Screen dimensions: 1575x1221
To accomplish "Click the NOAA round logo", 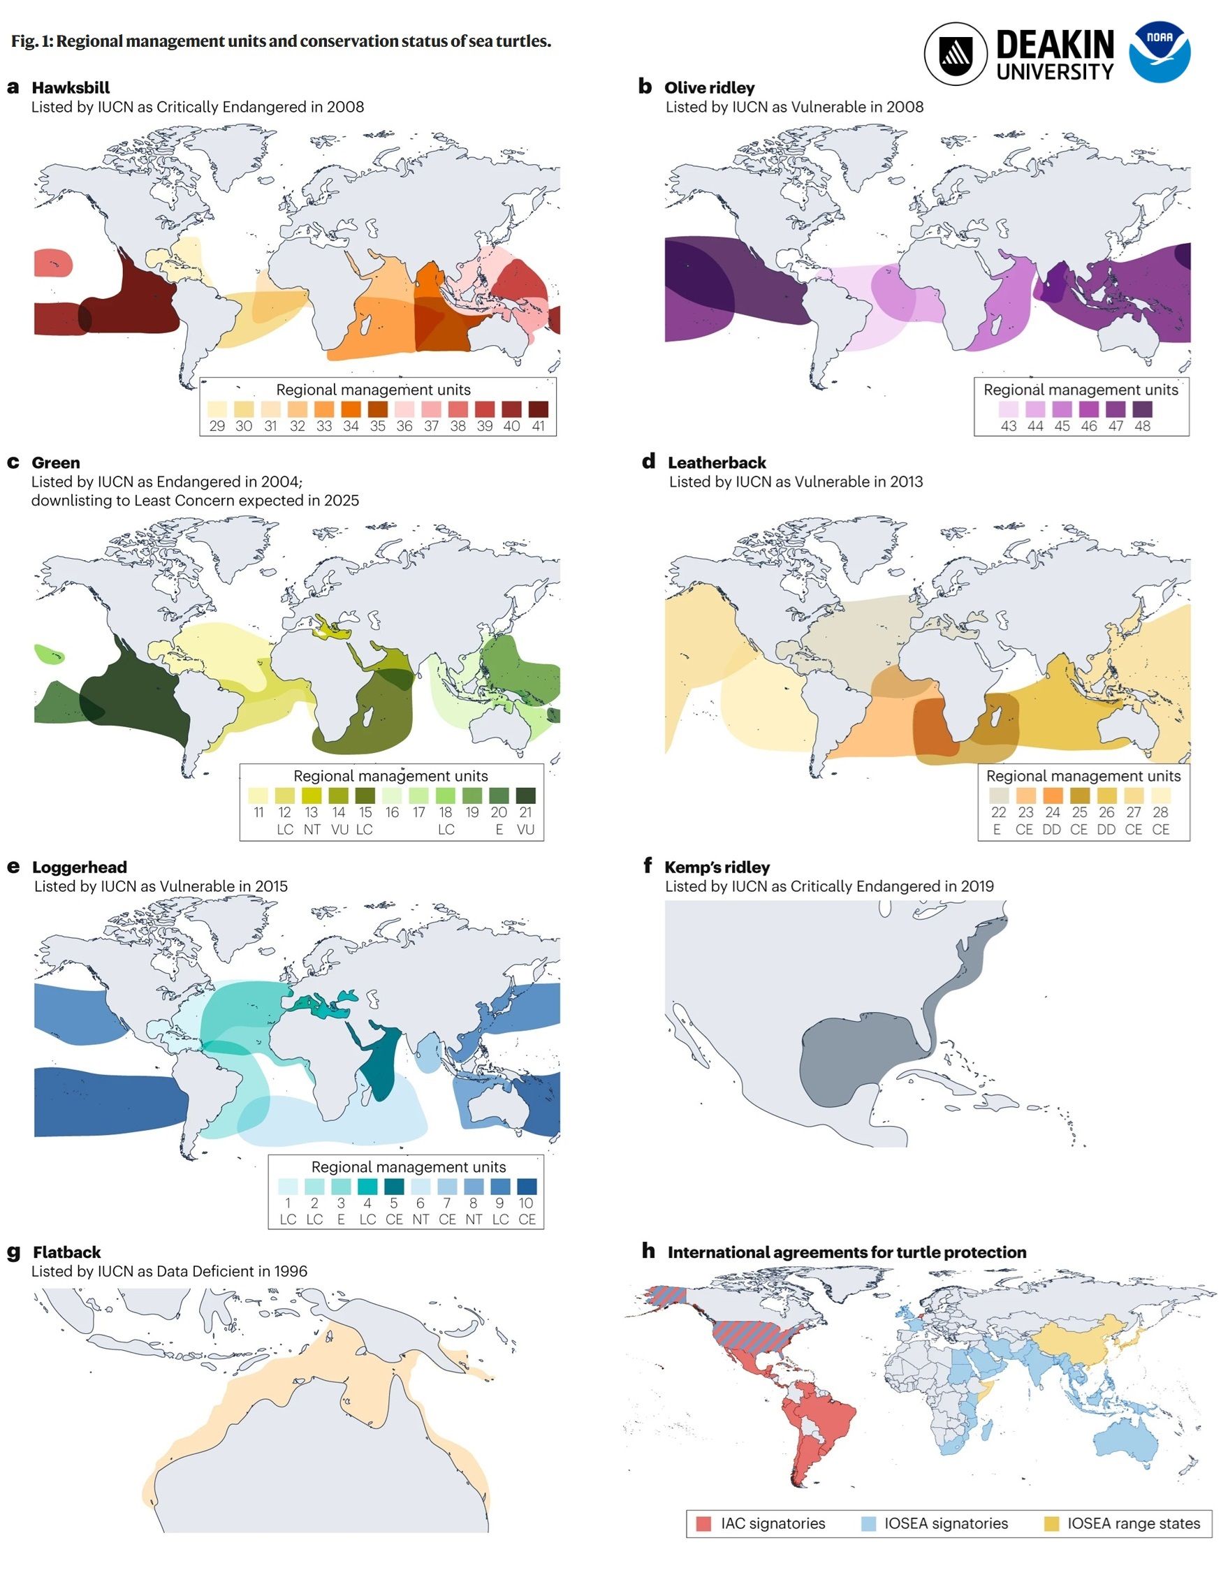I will [x=1159, y=52].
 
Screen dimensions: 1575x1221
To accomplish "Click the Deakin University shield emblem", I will [x=956, y=52].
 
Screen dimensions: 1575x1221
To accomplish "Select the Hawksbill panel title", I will [x=71, y=88].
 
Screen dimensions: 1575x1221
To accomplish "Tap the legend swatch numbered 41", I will [x=539, y=409].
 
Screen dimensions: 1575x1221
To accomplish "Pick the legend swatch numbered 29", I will [x=217, y=409].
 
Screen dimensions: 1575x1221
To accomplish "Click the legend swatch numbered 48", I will [x=1142, y=409].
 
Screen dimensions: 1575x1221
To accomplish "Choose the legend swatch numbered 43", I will [x=1008, y=409].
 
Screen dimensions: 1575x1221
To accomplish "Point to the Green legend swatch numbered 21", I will [x=526, y=795].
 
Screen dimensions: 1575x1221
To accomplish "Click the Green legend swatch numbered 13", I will [x=312, y=795].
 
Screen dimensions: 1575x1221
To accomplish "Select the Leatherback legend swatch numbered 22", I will [x=998, y=795].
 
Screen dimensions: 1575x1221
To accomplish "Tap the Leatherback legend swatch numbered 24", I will [x=1052, y=795].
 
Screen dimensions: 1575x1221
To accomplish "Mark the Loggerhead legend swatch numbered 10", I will [x=527, y=1185].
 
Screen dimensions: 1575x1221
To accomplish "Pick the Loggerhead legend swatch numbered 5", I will [x=394, y=1185].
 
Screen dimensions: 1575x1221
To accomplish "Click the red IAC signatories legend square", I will [x=704, y=1524].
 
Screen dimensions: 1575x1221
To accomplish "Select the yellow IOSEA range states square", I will [x=1051, y=1524].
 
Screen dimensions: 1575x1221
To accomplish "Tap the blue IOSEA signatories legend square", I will [x=869, y=1524].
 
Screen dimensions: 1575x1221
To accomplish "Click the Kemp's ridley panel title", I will [x=716, y=867].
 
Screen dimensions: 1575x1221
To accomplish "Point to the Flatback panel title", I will [x=66, y=1252].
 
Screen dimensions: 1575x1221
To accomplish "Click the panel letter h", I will [x=648, y=1251].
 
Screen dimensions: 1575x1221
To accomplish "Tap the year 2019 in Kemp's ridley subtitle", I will [x=977, y=886].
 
